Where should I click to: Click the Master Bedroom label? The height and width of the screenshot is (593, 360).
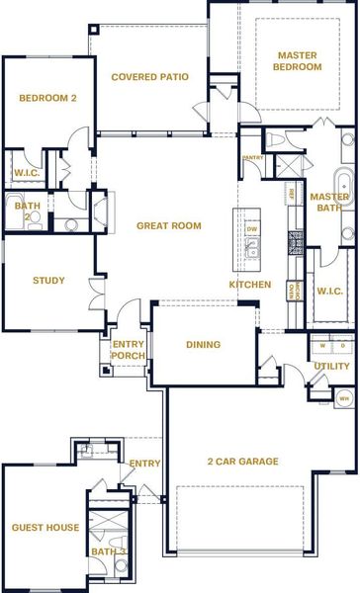click(299, 60)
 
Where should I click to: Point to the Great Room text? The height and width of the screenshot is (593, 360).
click(168, 226)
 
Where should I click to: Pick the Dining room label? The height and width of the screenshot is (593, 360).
click(203, 345)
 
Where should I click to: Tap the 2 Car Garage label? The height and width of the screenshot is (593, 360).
click(242, 462)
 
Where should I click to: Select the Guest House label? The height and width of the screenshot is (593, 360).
click(45, 528)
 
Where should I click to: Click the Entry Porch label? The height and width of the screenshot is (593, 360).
click(128, 350)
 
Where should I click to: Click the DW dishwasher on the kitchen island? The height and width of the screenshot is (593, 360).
click(251, 228)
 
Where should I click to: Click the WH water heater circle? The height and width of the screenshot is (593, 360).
click(343, 398)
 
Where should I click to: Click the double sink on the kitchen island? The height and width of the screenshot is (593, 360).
click(251, 249)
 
